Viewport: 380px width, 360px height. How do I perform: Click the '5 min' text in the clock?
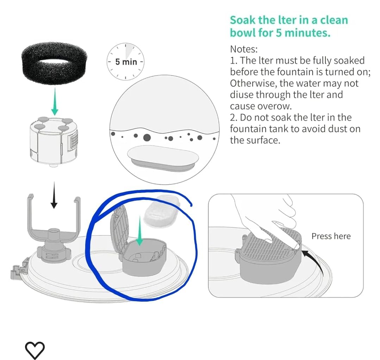126,62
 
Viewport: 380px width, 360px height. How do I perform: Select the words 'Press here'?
331,236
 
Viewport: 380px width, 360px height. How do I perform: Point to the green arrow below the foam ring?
55,101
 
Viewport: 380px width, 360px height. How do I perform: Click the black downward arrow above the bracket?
54,195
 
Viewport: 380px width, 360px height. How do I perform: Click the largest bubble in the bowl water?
147,138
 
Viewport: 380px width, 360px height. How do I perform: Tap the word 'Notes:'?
244,49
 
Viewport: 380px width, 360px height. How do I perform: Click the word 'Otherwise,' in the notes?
253,83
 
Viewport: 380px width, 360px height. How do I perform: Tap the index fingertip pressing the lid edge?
296,246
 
